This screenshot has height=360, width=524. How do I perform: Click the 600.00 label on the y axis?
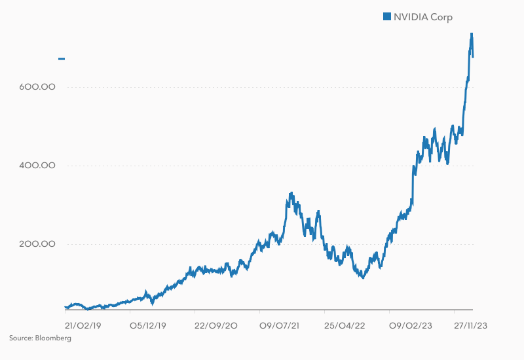pyautogui.click(x=38, y=87)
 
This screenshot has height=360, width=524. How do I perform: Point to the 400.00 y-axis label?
pyautogui.click(x=38, y=166)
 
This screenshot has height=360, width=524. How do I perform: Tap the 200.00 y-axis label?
pyautogui.click(x=38, y=244)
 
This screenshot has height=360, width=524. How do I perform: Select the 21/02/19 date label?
pyautogui.click(x=83, y=324)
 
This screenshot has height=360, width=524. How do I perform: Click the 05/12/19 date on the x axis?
pyautogui.click(x=148, y=324)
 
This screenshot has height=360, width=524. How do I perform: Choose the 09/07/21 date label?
pyautogui.click(x=280, y=324)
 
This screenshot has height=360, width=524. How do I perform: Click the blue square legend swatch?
pyautogui.click(x=386, y=16)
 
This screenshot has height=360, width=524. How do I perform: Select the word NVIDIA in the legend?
pyautogui.click(x=411, y=16)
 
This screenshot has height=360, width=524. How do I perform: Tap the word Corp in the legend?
pyautogui.click(x=442, y=16)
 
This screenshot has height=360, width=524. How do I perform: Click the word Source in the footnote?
pyautogui.click(x=20, y=338)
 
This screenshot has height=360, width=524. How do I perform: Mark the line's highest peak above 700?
pyautogui.click(x=472, y=34)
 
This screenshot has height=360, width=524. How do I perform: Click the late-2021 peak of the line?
pyautogui.click(x=291, y=194)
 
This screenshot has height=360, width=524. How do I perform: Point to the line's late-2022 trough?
pyautogui.click(x=362, y=278)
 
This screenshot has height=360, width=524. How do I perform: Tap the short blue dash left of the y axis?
pyautogui.click(x=62, y=59)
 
